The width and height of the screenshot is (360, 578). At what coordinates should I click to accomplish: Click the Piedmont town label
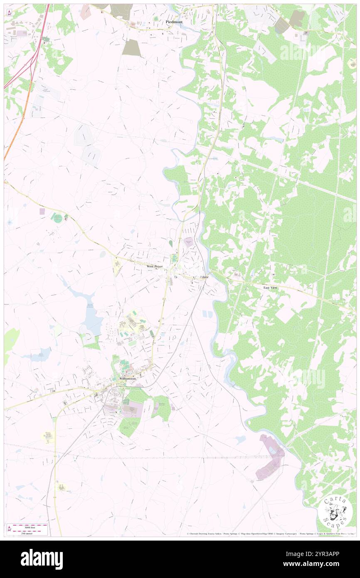[174, 22]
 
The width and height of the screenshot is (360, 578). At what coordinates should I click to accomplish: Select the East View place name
[270, 287]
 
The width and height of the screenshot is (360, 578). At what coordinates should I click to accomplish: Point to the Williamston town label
[127, 379]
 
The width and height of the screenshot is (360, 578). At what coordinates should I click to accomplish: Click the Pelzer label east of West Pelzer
[204, 277]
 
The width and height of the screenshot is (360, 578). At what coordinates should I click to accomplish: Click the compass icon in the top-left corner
[9, 13]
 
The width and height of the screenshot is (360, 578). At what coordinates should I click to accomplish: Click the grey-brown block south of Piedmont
[132, 48]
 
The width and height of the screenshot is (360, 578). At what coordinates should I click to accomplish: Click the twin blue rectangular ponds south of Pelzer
[207, 316]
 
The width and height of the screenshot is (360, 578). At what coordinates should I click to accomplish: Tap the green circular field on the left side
[58, 218]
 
